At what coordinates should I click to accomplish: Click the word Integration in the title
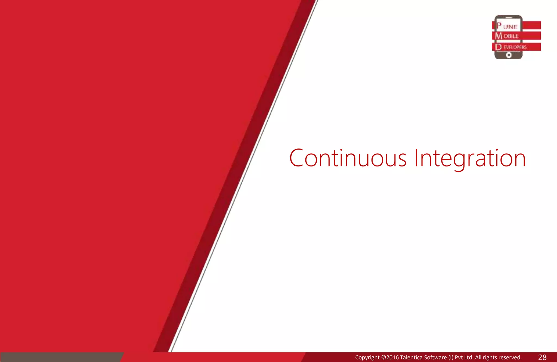point(470,159)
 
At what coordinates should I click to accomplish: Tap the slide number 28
point(542,357)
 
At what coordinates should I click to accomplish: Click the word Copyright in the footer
point(367,357)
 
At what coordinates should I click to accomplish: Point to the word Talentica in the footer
point(411,357)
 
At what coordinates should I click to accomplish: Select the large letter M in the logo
point(499,36)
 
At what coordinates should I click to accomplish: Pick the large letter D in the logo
point(499,47)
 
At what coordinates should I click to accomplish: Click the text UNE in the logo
point(510,27)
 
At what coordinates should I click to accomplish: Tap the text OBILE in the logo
point(511,36)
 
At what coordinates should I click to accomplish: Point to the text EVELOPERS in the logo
point(515,47)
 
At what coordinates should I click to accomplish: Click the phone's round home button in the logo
point(509,55)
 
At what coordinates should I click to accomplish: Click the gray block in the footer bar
point(61,357)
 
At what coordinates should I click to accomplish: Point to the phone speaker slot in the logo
point(508,18)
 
